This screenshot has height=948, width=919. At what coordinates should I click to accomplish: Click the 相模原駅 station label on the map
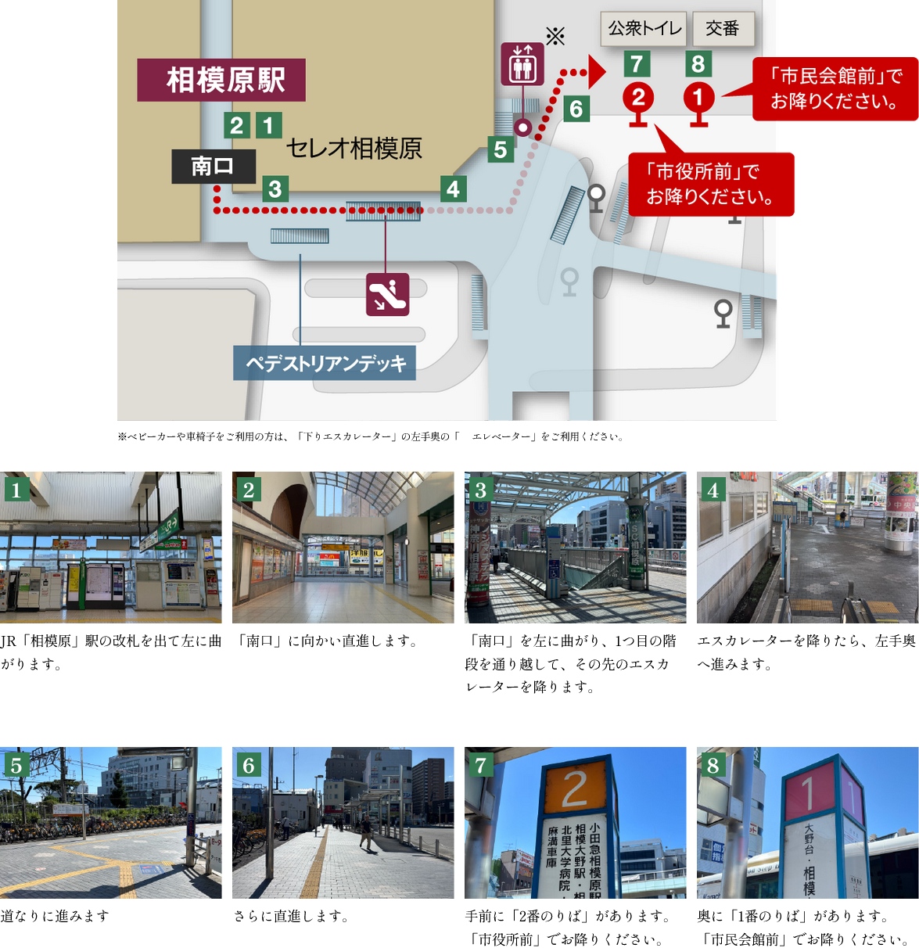(x=221, y=80)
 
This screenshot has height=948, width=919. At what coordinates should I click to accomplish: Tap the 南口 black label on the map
(x=214, y=166)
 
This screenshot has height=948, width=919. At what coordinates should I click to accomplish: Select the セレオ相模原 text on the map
(x=354, y=148)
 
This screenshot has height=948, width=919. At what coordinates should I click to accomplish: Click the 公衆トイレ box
(x=643, y=29)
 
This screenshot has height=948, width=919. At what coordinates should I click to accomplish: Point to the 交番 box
(x=723, y=29)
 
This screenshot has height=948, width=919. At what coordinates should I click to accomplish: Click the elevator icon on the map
(x=522, y=64)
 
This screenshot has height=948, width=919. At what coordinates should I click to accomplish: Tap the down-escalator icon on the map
(x=387, y=294)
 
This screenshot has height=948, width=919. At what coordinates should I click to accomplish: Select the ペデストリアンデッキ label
(x=325, y=364)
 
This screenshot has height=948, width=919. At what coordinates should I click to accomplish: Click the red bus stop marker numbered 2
(x=638, y=99)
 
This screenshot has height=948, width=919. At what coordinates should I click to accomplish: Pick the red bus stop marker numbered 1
(x=698, y=99)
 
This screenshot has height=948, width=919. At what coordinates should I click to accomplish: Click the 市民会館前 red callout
(x=835, y=88)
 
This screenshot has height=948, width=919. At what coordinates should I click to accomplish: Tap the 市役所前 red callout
(x=710, y=184)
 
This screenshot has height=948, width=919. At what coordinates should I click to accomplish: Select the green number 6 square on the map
(x=576, y=108)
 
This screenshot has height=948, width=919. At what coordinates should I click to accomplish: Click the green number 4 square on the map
(x=453, y=189)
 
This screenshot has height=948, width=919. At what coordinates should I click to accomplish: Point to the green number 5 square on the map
(x=501, y=149)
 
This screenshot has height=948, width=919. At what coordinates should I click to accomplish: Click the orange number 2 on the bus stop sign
(x=575, y=788)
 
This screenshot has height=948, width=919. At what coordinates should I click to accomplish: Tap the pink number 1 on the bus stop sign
(x=810, y=792)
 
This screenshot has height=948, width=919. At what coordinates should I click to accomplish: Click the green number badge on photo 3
(x=480, y=490)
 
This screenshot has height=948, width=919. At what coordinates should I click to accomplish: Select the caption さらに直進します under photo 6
(x=291, y=916)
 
